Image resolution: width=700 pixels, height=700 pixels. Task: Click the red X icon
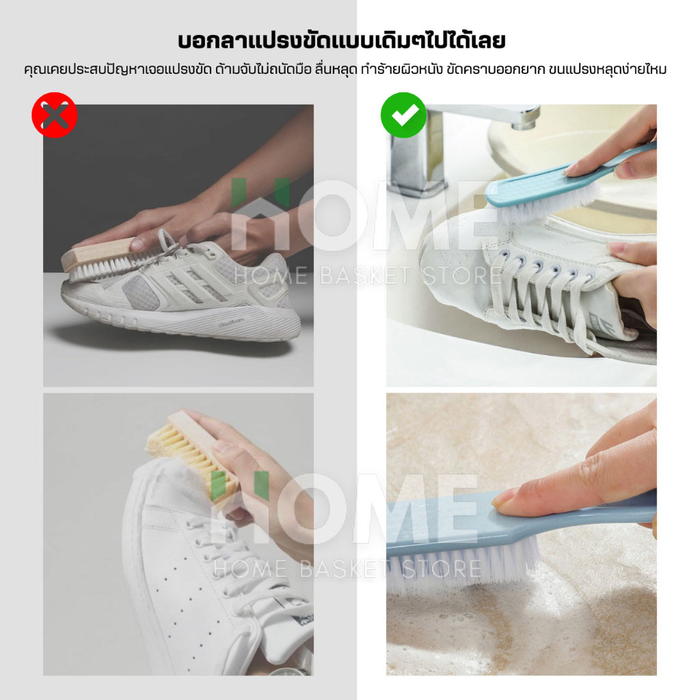tap(55, 115)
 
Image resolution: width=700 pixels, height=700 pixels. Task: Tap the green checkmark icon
tap(403, 115)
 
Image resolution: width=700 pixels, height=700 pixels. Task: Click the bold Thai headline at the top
tap(342, 40)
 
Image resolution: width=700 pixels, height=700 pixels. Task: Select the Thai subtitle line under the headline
tap(345, 70)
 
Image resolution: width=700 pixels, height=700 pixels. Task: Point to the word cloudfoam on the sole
tap(232, 323)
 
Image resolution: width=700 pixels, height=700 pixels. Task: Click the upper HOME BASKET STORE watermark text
tap(367, 275)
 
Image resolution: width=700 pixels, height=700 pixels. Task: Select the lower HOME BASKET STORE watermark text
tap(347, 569)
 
